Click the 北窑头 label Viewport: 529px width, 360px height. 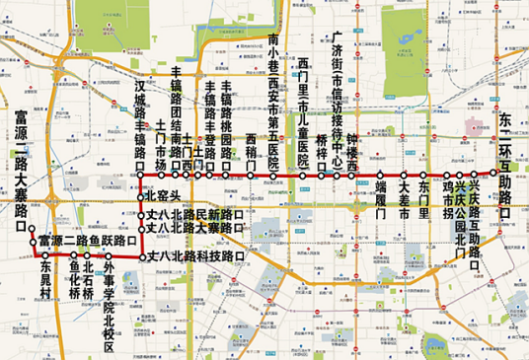coord(163,196)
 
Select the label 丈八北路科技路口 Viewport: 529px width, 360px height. coord(197,256)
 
